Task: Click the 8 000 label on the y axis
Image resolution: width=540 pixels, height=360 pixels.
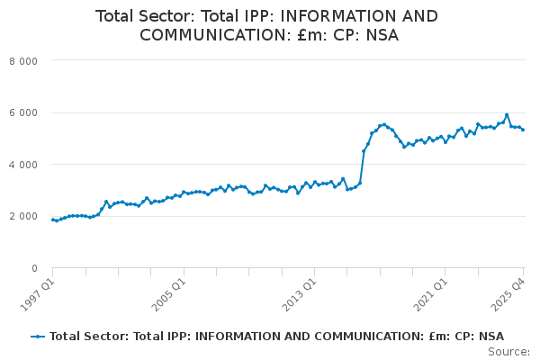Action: coord(23,61)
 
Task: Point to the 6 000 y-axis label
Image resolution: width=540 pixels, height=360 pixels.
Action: coord(23,113)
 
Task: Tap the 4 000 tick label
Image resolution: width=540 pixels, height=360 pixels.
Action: coord(23,165)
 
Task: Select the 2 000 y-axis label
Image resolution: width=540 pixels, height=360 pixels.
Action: coord(23,216)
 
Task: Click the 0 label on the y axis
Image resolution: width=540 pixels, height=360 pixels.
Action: coord(34,268)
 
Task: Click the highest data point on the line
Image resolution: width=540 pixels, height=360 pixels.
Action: coord(507,114)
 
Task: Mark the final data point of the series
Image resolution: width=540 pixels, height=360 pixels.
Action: coord(523,130)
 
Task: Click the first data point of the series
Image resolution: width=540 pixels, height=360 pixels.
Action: coord(53,220)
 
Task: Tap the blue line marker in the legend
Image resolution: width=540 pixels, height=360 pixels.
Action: coord(38,337)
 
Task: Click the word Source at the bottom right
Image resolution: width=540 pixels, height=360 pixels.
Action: coord(508,352)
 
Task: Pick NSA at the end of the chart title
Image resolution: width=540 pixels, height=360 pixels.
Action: coord(382,35)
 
